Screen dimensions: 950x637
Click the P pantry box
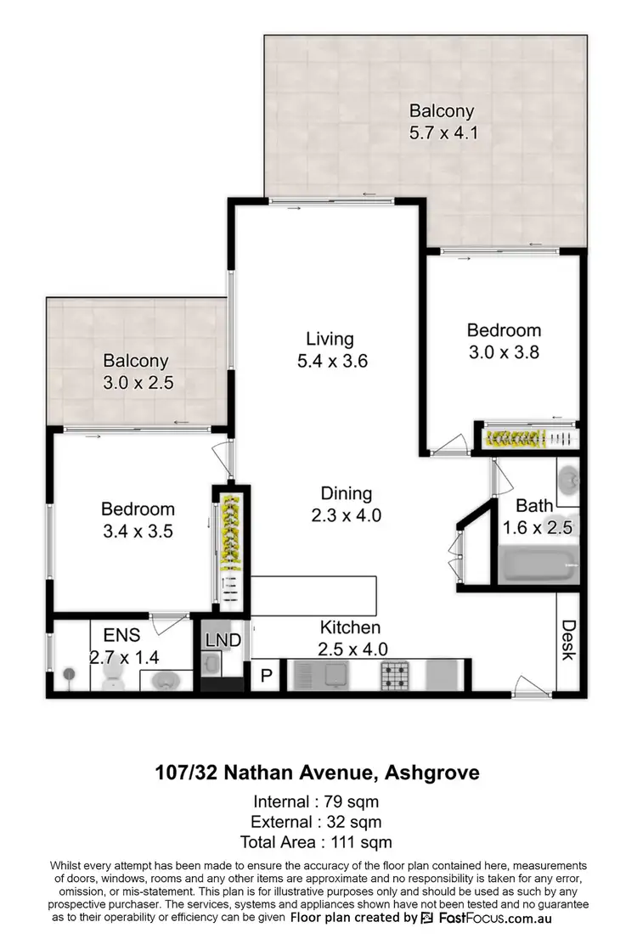(x=266, y=677)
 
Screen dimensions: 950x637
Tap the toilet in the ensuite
(x=112, y=675)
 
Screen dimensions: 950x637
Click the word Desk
(x=567, y=641)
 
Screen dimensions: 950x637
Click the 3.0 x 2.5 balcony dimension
(x=138, y=383)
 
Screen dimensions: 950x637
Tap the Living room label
(x=330, y=339)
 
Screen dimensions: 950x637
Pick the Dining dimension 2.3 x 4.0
(x=346, y=514)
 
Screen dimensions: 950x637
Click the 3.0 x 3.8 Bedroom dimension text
(x=504, y=352)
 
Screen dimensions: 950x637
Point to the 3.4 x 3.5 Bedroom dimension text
(x=138, y=531)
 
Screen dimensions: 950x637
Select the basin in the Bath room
(x=568, y=481)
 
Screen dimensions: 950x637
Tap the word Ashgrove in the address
(x=432, y=773)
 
